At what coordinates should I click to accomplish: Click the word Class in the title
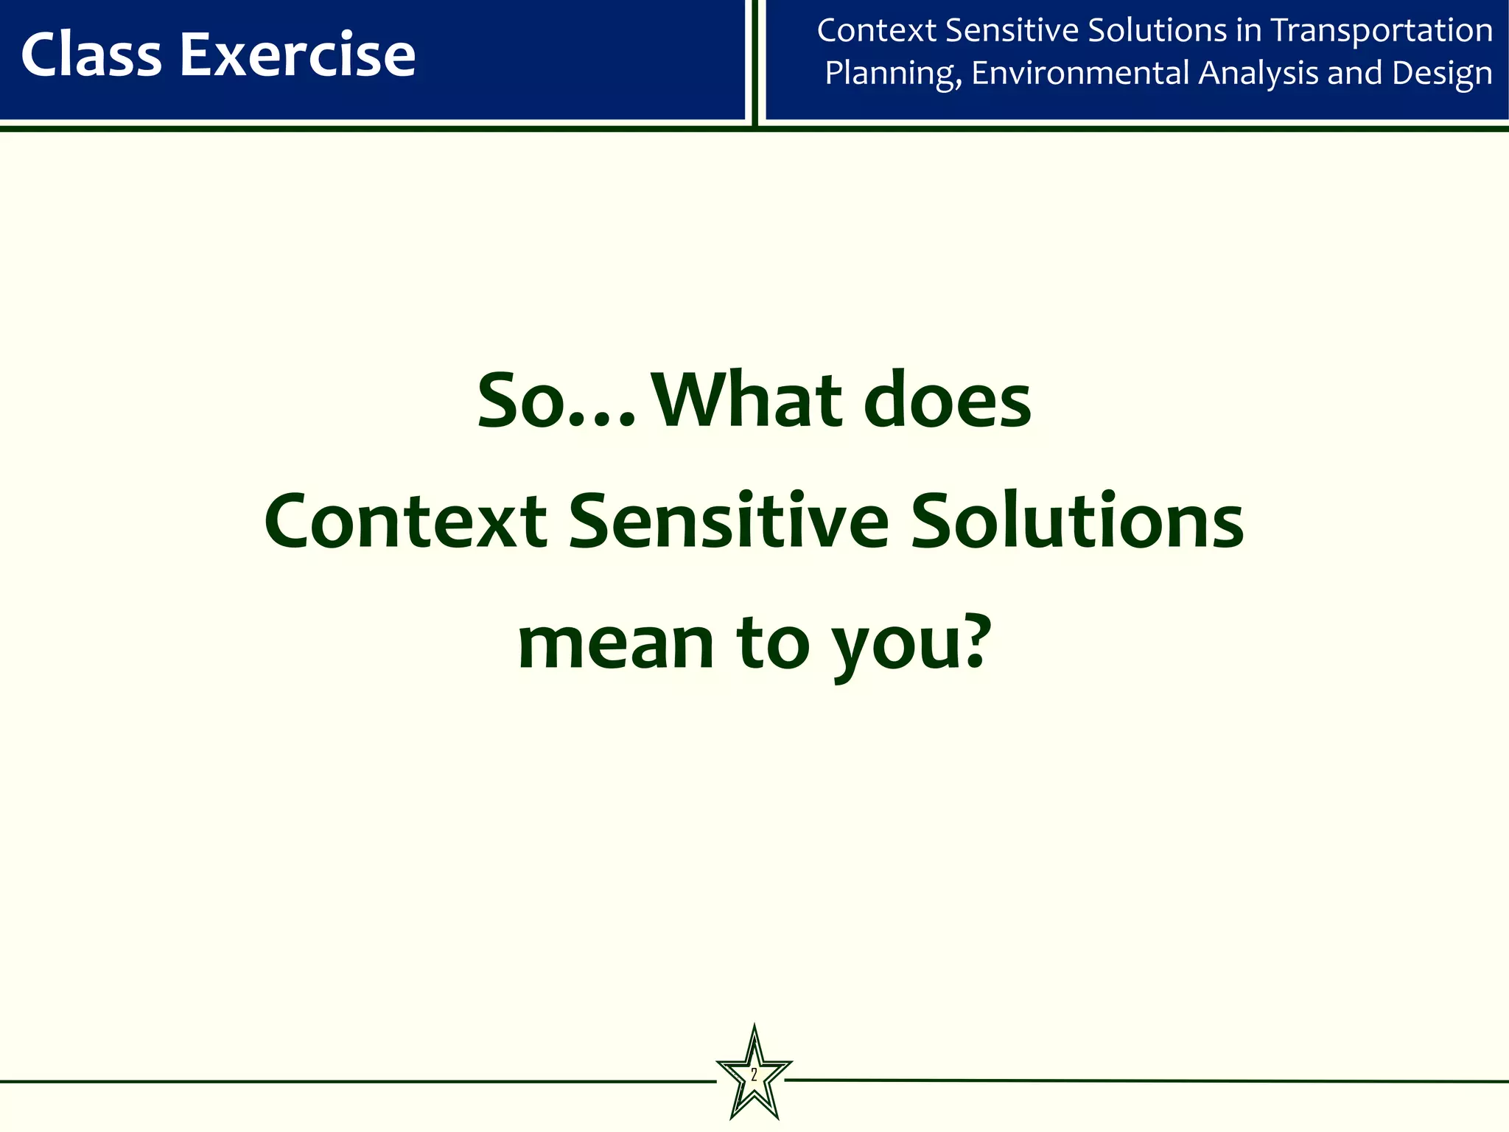point(91,55)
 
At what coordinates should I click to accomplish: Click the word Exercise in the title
point(298,55)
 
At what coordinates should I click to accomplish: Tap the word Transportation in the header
point(1382,31)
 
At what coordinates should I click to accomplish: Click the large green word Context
point(405,522)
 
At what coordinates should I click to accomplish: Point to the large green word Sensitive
point(729,522)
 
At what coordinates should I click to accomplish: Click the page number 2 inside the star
point(754,1075)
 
